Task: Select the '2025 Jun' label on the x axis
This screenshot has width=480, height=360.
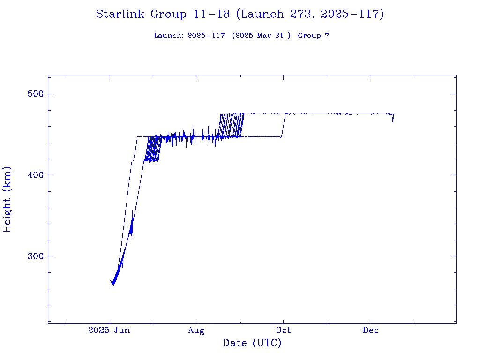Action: (x=109, y=330)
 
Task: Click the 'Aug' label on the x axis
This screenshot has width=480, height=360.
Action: (x=196, y=330)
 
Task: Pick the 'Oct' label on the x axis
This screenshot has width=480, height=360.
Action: (x=283, y=330)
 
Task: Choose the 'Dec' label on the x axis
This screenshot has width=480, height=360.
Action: (x=371, y=330)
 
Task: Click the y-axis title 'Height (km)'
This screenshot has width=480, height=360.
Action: (x=7, y=199)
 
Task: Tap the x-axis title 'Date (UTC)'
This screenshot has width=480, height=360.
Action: (x=252, y=344)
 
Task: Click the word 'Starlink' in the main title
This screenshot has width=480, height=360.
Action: (x=121, y=14)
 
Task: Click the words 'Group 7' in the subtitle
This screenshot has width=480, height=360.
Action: (x=313, y=36)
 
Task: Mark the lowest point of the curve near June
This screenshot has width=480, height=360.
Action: (x=113, y=285)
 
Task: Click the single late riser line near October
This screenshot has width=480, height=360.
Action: (x=283, y=125)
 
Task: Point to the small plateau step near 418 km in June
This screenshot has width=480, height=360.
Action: (x=133, y=160)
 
